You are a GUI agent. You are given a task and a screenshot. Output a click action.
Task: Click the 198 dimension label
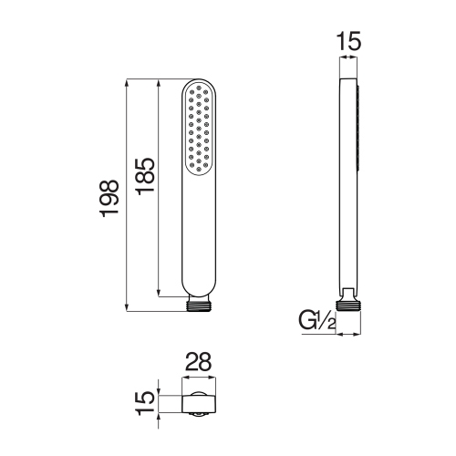pos(109,198)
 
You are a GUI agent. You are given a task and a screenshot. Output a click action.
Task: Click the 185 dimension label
pos(145,176)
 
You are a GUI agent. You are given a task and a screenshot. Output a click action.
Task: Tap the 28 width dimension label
pos(198,362)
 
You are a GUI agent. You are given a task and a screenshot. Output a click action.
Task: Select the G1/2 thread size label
pos(317,320)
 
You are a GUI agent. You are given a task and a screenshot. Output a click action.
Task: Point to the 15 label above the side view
pos(348,41)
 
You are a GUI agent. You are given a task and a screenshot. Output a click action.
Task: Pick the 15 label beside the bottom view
pos(145,403)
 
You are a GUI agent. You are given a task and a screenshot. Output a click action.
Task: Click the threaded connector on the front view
pos(199,306)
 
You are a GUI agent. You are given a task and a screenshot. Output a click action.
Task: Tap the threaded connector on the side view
pos(348,306)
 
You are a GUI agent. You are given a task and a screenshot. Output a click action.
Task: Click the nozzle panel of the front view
pos(199,129)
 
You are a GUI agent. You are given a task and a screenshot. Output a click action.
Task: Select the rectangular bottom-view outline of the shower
pos(199,404)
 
